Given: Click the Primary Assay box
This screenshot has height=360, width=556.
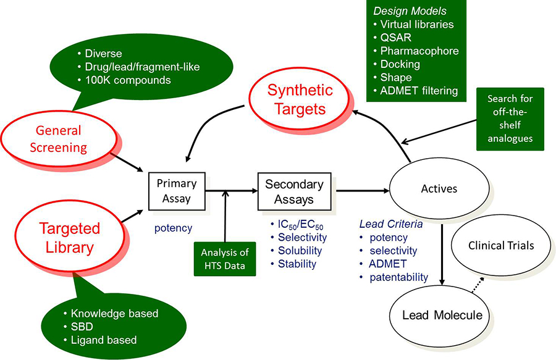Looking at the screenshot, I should [176, 190].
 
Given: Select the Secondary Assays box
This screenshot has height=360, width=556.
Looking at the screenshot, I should [293, 191].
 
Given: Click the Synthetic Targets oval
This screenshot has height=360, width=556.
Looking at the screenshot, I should [300, 99].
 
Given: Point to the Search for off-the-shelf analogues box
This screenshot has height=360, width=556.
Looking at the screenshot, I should [510, 119].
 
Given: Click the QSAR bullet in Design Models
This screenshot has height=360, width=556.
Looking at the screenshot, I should [395, 38].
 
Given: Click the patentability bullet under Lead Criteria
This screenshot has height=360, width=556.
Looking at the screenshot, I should [398, 277].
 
